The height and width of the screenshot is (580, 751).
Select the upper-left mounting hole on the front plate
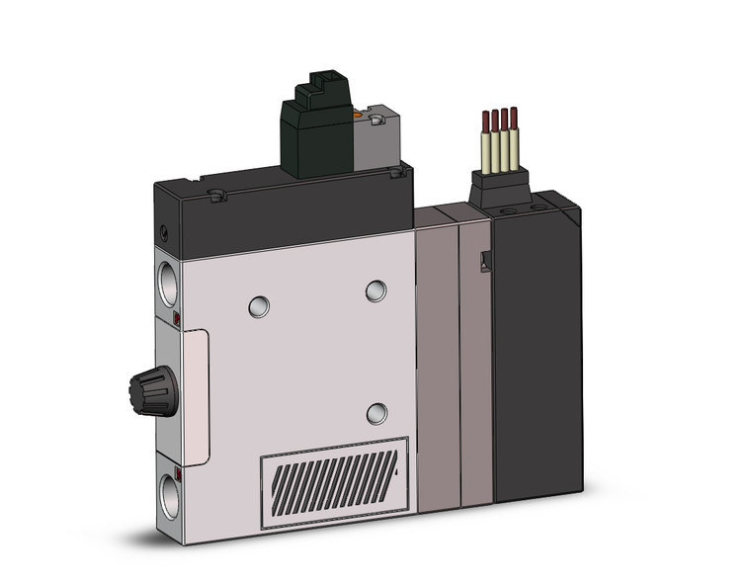pyautogui.click(x=259, y=306)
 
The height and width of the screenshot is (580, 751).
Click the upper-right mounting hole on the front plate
pyautogui.click(x=375, y=290)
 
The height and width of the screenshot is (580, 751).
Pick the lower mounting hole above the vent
pyautogui.click(x=376, y=413)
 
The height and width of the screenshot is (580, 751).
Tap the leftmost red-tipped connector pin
pyautogui.click(x=485, y=123)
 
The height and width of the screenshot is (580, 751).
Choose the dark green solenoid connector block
pyautogui.click(x=315, y=133)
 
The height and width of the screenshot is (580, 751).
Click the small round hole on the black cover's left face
pyautogui.click(x=164, y=231)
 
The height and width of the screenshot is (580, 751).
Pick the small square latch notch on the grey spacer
pyautogui.click(x=484, y=262)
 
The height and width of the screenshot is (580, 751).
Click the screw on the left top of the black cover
pyautogui.click(x=217, y=196)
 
